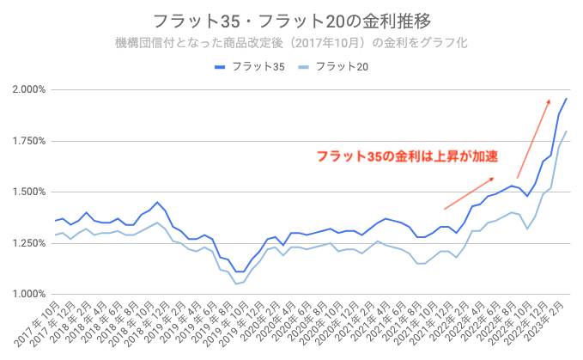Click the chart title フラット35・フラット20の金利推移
coord(291,20)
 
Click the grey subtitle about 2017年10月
coord(291,41)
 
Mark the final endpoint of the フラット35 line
coord(567,98)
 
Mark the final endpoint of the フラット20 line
coord(567,131)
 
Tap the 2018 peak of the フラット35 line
coord(156,202)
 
